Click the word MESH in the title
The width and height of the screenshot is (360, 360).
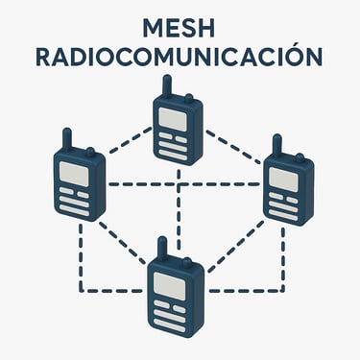tap(180, 26)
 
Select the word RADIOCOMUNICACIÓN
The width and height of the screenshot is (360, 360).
tap(180, 56)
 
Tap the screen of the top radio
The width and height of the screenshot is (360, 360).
tap(174, 119)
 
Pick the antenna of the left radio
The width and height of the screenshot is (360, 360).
tap(67, 139)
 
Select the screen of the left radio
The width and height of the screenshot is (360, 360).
tap(76, 173)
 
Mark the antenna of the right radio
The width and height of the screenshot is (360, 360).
tap(276, 145)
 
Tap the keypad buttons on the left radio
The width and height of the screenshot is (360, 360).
tap(75, 202)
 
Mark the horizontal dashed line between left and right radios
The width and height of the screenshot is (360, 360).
tap(182, 184)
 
